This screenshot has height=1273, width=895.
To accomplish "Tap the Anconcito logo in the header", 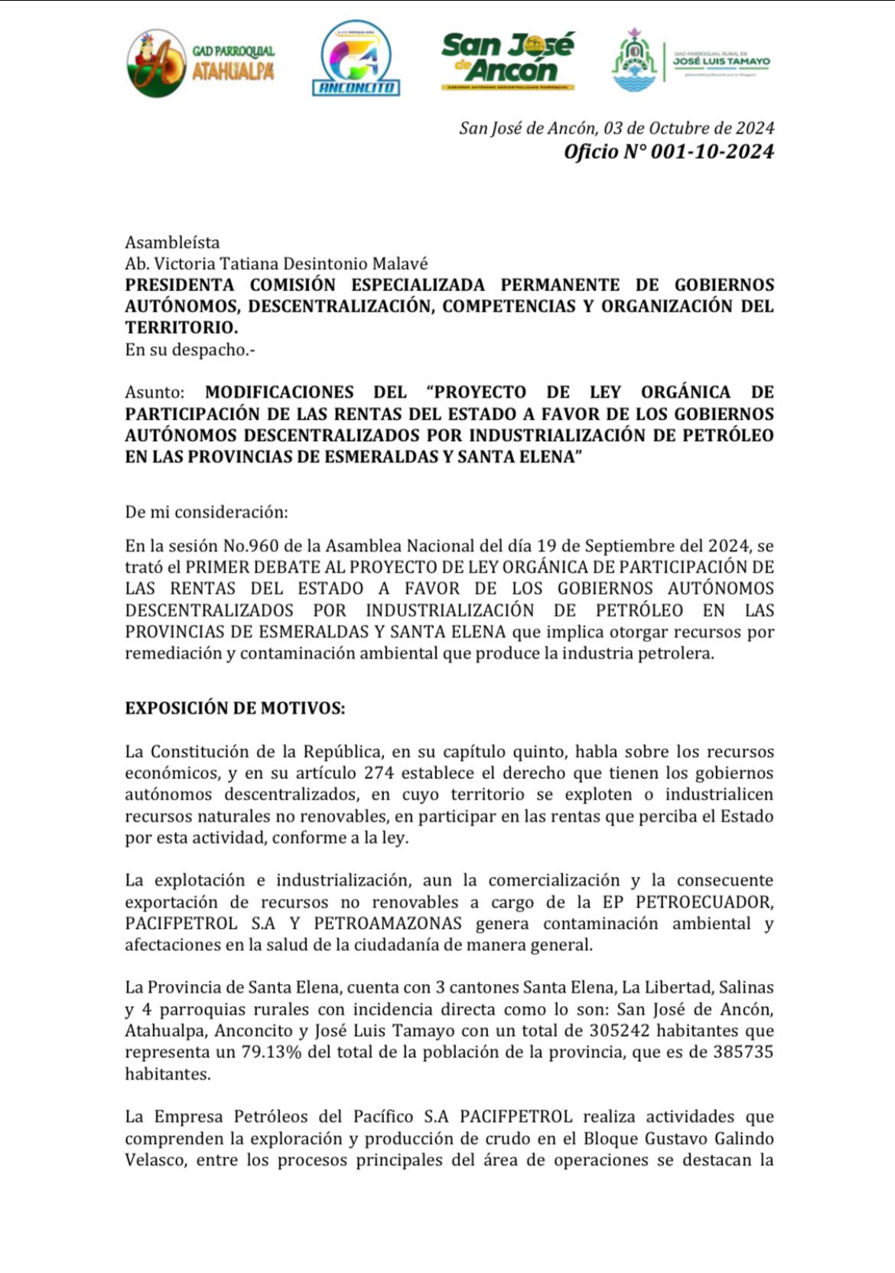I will [x=356, y=59].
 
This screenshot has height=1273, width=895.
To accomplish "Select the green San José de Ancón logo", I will [x=507, y=60].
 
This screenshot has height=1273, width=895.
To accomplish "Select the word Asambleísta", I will [x=172, y=242].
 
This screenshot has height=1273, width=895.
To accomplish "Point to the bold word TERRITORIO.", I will [x=181, y=328].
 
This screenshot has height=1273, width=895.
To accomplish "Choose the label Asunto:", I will [x=155, y=392].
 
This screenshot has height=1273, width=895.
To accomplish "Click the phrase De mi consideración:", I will [x=207, y=512].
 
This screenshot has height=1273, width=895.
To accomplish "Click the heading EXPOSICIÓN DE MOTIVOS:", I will [x=235, y=708].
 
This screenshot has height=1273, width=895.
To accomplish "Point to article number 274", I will [x=379, y=773].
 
